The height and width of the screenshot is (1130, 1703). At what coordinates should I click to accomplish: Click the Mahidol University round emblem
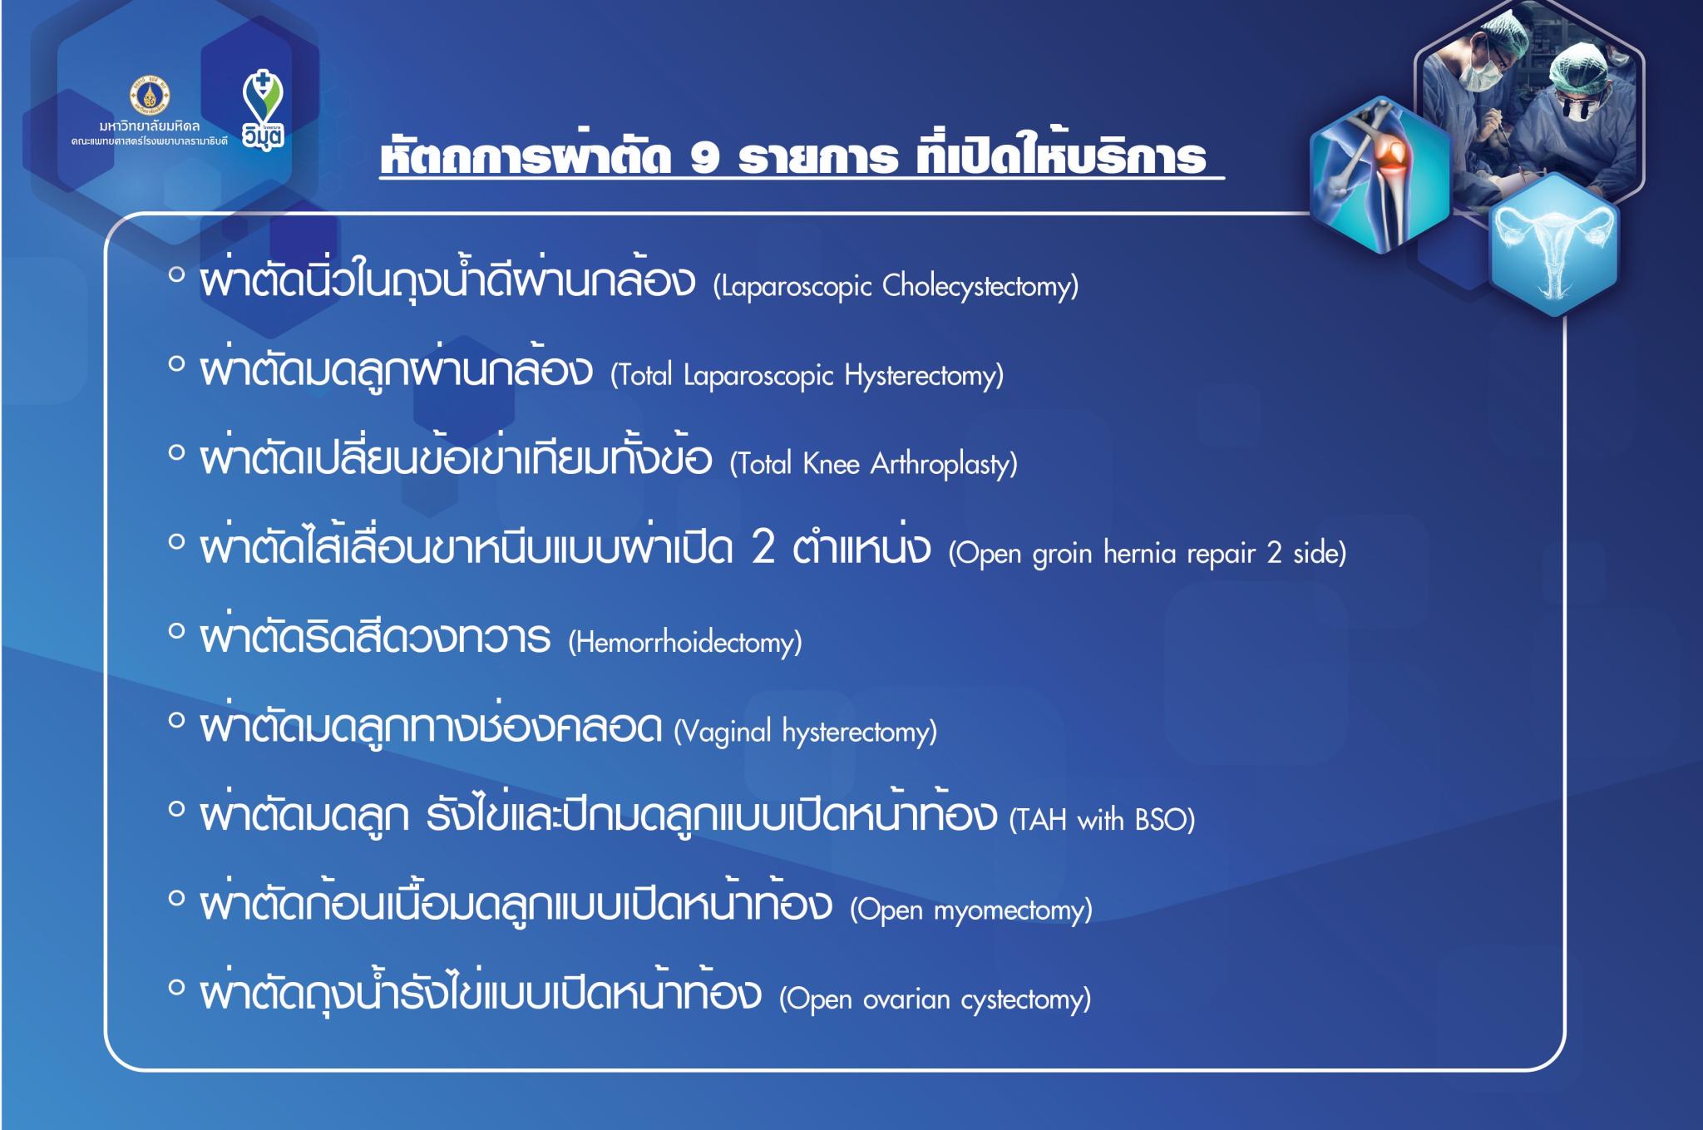point(151,95)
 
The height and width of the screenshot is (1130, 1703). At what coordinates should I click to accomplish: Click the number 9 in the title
point(704,157)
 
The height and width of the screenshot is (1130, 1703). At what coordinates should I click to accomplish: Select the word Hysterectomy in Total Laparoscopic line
point(924,376)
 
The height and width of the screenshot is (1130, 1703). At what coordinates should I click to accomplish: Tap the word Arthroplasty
point(944,464)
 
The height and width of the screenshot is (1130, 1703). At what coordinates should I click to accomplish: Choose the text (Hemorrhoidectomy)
point(685,642)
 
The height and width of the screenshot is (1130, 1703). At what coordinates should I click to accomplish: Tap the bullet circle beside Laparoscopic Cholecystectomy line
point(175,274)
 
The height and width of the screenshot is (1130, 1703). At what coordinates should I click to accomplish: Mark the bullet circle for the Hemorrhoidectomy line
point(175,631)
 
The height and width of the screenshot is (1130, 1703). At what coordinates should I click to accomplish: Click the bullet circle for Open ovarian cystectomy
point(175,987)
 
